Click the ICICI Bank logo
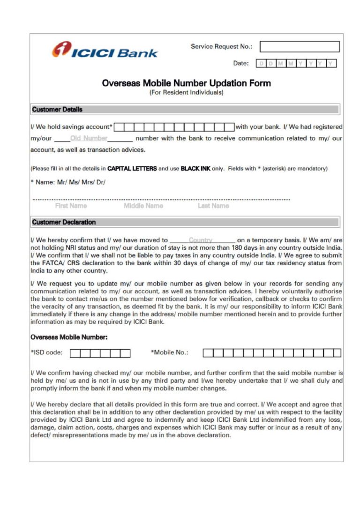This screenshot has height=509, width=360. (105, 51)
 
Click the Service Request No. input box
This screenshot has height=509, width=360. (300, 46)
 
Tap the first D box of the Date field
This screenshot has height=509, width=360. (261, 63)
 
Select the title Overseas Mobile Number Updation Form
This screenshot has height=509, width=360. (186, 83)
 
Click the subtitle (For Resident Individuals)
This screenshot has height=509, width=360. (186, 93)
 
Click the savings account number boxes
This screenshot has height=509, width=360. (174, 127)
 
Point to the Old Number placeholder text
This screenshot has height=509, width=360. (89, 138)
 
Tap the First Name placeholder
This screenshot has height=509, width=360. (71, 206)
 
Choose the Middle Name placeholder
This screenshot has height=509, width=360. (143, 206)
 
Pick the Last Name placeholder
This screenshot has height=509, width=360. (213, 206)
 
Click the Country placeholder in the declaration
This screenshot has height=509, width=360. (201, 240)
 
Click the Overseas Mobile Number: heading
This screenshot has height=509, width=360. (69, 337)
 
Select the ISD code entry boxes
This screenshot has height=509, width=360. (100, 353)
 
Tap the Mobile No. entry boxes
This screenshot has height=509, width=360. (272, 353)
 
